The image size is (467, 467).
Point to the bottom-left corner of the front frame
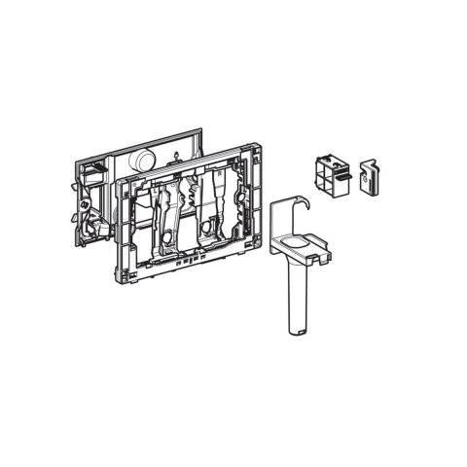(127, 277)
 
